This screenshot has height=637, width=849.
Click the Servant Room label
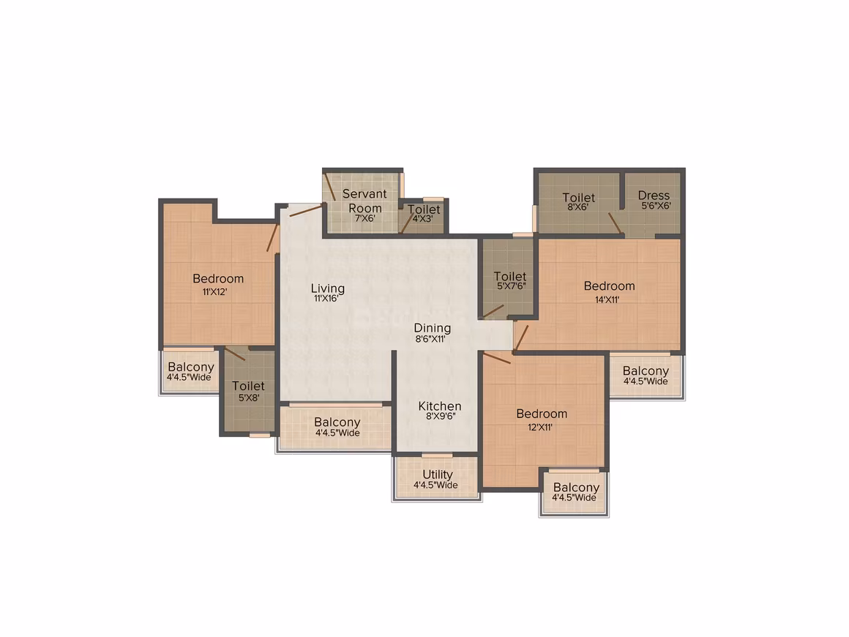pyautogui.click(x=365, y=201)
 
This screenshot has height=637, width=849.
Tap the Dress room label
pyautogui.click(x=654, y=195)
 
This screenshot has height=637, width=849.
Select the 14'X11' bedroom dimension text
pyautogui.click(x=607, y=299)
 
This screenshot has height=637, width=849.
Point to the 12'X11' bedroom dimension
pyautogui.click(x=540, y=428)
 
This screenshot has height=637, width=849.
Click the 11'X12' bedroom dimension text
pyautogui.click(x=215, y=292)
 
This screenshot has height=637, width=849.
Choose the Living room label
pyautogui.click(x=328, y=288)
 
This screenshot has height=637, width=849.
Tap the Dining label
pyautogui.click(x=432, y=328)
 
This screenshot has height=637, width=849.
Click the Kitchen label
pyautogui.click(x=440, y=406)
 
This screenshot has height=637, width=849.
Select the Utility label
pyautogui.click(x=438, y=474)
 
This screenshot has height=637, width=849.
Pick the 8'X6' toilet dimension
pyautogui.click(x=577, y=207)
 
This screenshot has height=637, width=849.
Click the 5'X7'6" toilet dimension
pyautogui.click(x=512, y=286)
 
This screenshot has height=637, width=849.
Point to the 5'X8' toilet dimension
pyautogui.click(x=249, y=398)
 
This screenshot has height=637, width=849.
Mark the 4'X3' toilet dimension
pyautogui.click(x=423, y=219)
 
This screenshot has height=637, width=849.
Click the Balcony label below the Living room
pyautogui.click(x=337, y=422)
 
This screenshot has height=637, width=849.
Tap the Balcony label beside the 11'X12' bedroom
pyautogui.click(x=190, y=367)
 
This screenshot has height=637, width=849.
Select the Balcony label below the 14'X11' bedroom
pyautogui.click(x=646, y=371)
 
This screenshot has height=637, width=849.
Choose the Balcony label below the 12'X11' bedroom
pyautogui.click(x=576, y=488)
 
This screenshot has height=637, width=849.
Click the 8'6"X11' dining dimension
pyautogui.click(x=430, y=339)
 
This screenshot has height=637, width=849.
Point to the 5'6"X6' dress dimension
pyautogui.click(x=657, y=206)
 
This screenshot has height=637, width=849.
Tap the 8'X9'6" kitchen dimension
pyautogui.click(x=441, y=417)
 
